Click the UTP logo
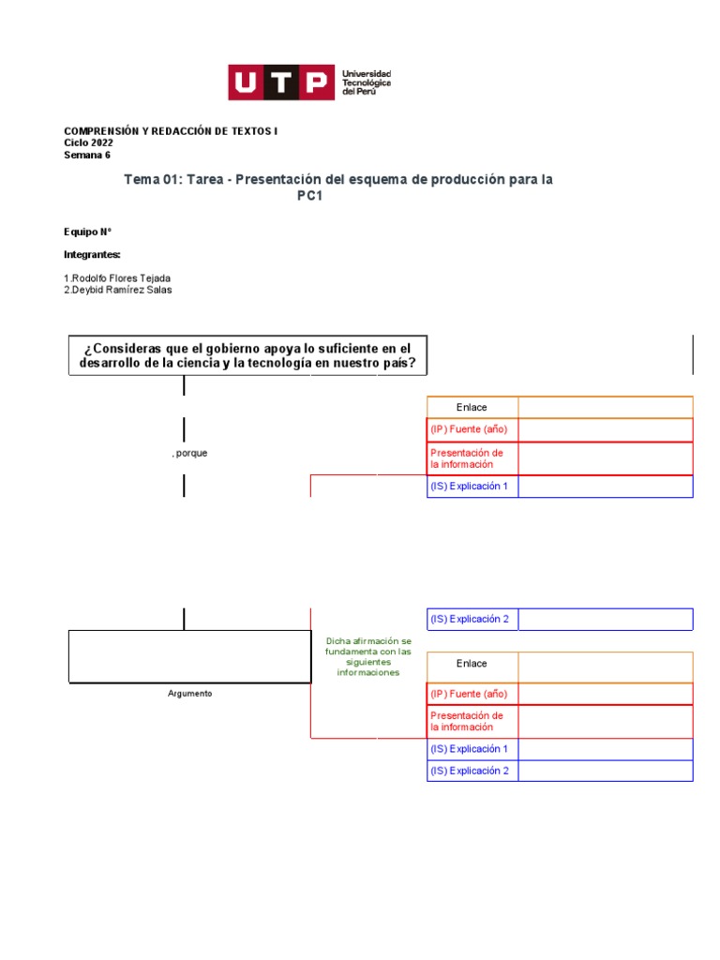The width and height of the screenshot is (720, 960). tap(281, 82)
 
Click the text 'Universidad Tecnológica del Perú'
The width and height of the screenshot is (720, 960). tap(367, 82)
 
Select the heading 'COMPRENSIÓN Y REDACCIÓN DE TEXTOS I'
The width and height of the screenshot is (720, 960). tap(171, 131)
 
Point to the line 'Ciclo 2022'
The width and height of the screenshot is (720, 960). tap(88, 143)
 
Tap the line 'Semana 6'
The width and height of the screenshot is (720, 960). tap(87, 156)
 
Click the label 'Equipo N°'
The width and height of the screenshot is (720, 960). tap(88, 232)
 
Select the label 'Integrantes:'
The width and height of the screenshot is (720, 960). tap(92, 255)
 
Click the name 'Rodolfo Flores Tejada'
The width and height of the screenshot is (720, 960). tap(121, 278)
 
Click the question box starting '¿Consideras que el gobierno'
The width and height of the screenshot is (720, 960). tap(247, 356)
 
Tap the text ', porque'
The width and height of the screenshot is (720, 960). tap(190, 454)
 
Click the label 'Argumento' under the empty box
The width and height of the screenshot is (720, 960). tap(190, 694)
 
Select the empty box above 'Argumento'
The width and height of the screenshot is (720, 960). tap(189, 656)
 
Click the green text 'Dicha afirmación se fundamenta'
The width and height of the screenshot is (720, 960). tap(368, 656)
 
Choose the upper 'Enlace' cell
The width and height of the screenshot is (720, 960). tap(472, 408)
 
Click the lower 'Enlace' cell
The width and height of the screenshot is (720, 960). tap(472, 664)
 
